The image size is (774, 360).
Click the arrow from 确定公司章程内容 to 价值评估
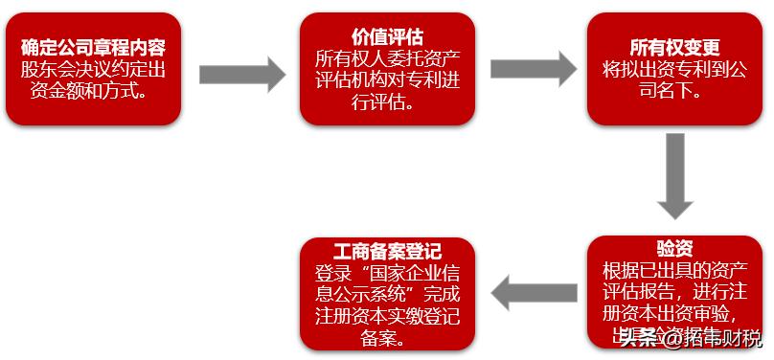pos(242,72)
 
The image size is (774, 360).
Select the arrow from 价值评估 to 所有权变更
pos(533,69)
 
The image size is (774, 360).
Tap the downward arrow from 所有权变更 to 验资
pos(675,177)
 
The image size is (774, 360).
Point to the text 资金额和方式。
pos(94,91)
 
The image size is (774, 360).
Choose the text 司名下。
pos(675,92)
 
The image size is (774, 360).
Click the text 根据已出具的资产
pos(675,270)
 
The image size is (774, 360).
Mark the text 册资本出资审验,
pos(675,312)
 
